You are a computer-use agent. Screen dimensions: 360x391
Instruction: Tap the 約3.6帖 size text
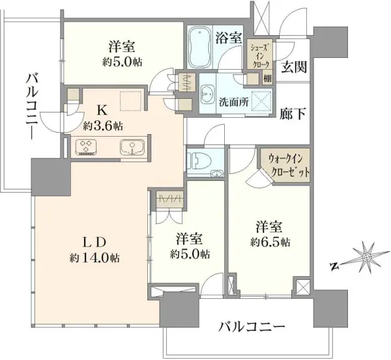tap(101, 124)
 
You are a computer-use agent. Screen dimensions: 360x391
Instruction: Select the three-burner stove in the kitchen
tap(87, 146)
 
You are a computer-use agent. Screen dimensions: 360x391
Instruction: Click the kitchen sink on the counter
tap(131, 147)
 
